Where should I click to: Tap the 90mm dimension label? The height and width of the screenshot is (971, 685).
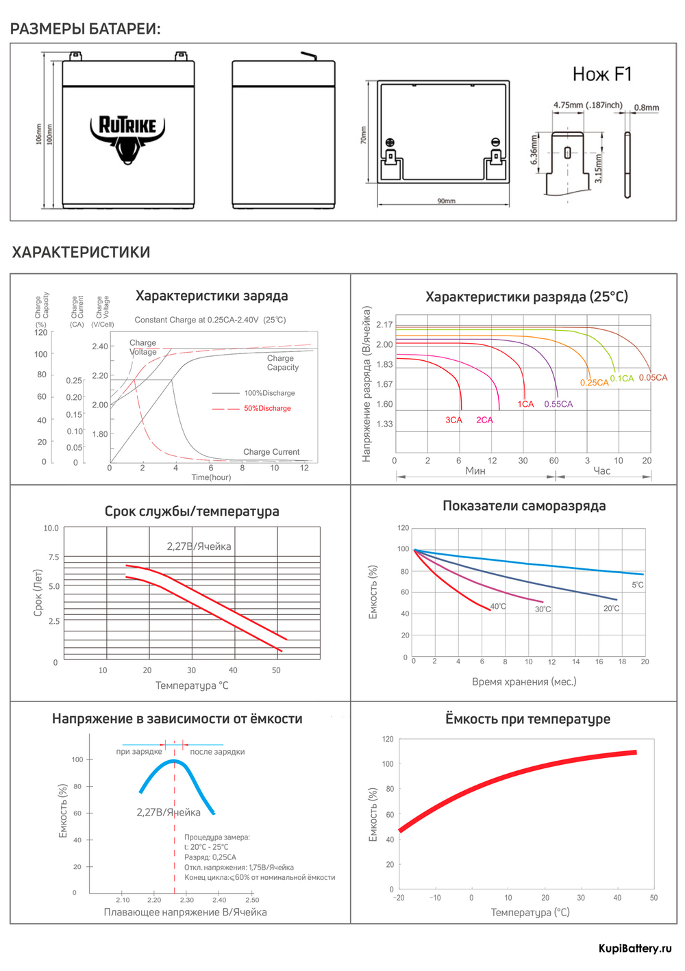(446, 201)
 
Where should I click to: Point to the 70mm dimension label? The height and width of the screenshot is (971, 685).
(364, 135)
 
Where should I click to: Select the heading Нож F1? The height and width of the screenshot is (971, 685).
(602, 74)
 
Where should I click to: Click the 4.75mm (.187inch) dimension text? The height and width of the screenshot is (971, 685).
(588, 105)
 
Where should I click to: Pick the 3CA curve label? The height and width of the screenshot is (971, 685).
(453, 420)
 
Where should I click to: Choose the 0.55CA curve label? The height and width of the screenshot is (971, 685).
(558, 404)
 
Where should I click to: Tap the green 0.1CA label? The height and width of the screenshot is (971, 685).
(622, 379)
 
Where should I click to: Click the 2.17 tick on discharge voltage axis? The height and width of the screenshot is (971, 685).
(384, 325)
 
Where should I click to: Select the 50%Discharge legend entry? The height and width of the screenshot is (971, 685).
(267, 408)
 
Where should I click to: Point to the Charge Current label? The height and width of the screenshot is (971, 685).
(271, 452)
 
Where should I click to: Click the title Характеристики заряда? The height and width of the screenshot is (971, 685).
(212, 296)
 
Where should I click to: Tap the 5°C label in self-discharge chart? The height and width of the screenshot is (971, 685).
(637, 585)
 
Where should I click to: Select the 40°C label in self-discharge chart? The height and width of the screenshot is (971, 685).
(498, 607)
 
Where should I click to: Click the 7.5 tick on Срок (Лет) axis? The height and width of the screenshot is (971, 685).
(53, 557)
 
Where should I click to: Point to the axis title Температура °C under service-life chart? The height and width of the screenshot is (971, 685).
(192, 685)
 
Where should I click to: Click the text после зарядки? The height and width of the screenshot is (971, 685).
(217, 752)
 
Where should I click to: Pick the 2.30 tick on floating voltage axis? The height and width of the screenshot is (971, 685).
(186, 900)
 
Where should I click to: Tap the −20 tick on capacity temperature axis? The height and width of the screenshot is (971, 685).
(399, 898)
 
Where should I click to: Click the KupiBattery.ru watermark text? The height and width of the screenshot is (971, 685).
(635, 948)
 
